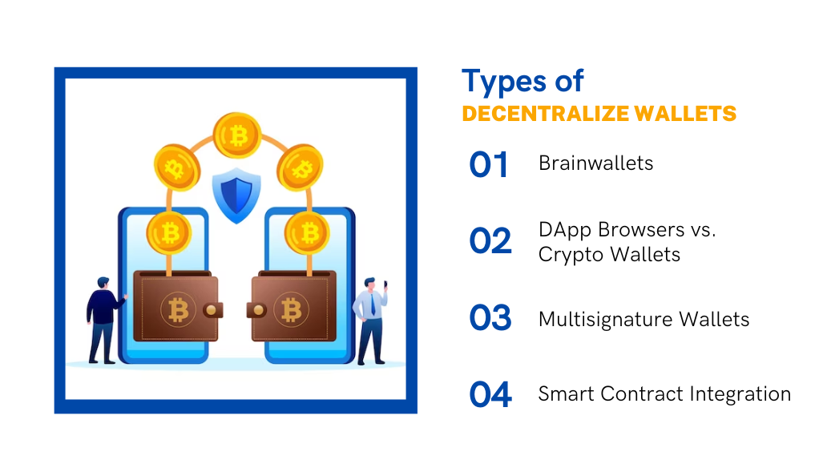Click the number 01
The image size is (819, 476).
pyautogui.click(x=488, y=164)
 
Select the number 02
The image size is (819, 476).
pyautogui.click(x=490, y=241)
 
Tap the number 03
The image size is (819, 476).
pyautogui.click(x=490, y=317)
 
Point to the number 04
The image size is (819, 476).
pyautogui.click(x=490, y=394)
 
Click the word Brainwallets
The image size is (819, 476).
pyautogui.click(x=595, y=163)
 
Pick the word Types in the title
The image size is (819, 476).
pyautogui.click(x=504, y=82)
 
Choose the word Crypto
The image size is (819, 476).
pyautogui.click(x=571, y=255)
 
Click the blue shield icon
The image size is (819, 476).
pyautogui.click(x=236, y=196)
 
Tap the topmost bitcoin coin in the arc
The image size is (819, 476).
pyautogui.click(x=237, y=135)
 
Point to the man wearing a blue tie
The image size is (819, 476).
pyautogui.click(x=371, y=321)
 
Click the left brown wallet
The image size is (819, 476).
pyautogui.click(x=178, y=306)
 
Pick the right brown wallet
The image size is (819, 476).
pyautogui.click(x=292, y=306)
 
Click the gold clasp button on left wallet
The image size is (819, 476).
pyautogui.click(x=212, y=310)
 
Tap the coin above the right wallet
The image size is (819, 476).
pyautogui.click(x=308, y=232)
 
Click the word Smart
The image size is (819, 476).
pyautogui.click(x=567, y=394)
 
